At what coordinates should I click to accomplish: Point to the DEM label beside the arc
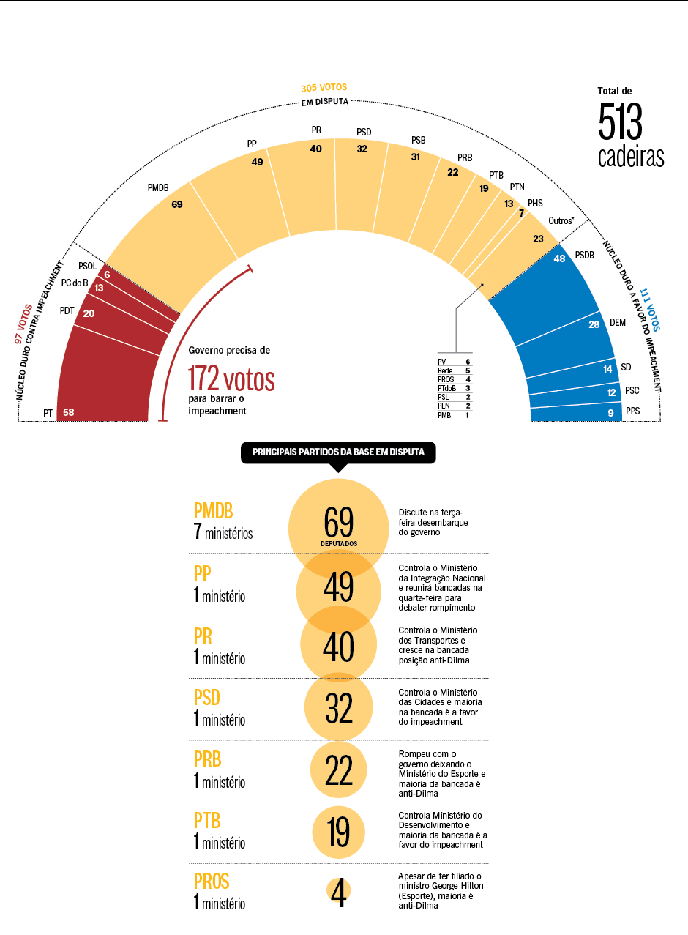tap(618, 322)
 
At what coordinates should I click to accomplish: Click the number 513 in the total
tap(620, 123)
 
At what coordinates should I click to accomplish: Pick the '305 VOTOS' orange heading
tap(324, 88)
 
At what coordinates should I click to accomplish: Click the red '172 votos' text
tap(231, 379)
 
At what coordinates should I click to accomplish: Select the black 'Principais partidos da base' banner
tap(338, 452)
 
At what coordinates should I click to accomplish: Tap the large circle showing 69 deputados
tap(338, 524)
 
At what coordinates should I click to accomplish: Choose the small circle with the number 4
tap(338, 891)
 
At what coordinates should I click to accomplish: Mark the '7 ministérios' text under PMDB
tap(223, 532)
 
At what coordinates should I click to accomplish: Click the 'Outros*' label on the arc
tap(561, 220)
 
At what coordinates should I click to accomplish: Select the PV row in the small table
tap(455, 362)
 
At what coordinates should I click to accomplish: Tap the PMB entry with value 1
tap(455, 415)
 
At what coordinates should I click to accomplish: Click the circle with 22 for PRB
tap(338, 770)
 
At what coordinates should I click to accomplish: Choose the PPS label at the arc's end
tap(632, 411)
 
